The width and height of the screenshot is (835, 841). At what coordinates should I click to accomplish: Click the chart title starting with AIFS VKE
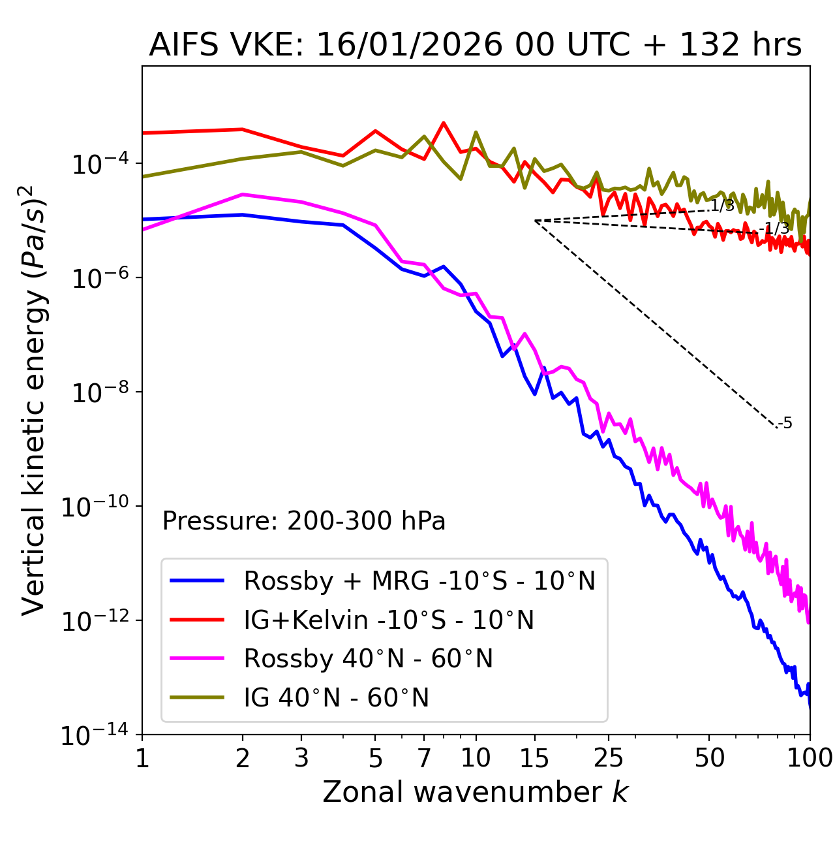[475, 46]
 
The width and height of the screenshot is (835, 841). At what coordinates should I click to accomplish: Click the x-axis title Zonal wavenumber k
[475, 793]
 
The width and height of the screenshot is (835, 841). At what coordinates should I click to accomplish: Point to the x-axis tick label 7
[424, 758]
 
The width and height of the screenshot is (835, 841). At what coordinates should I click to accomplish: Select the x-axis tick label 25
[608, 758]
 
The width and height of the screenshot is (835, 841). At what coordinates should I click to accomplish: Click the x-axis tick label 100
[810, 758]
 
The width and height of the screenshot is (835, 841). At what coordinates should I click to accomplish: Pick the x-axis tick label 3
[301, 758]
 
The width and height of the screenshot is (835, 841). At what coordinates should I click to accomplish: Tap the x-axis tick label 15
[535, 758]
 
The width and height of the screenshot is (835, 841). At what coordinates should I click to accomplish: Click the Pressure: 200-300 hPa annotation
[304, 521]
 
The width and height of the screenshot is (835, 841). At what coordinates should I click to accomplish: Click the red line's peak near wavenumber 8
[444, 123]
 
